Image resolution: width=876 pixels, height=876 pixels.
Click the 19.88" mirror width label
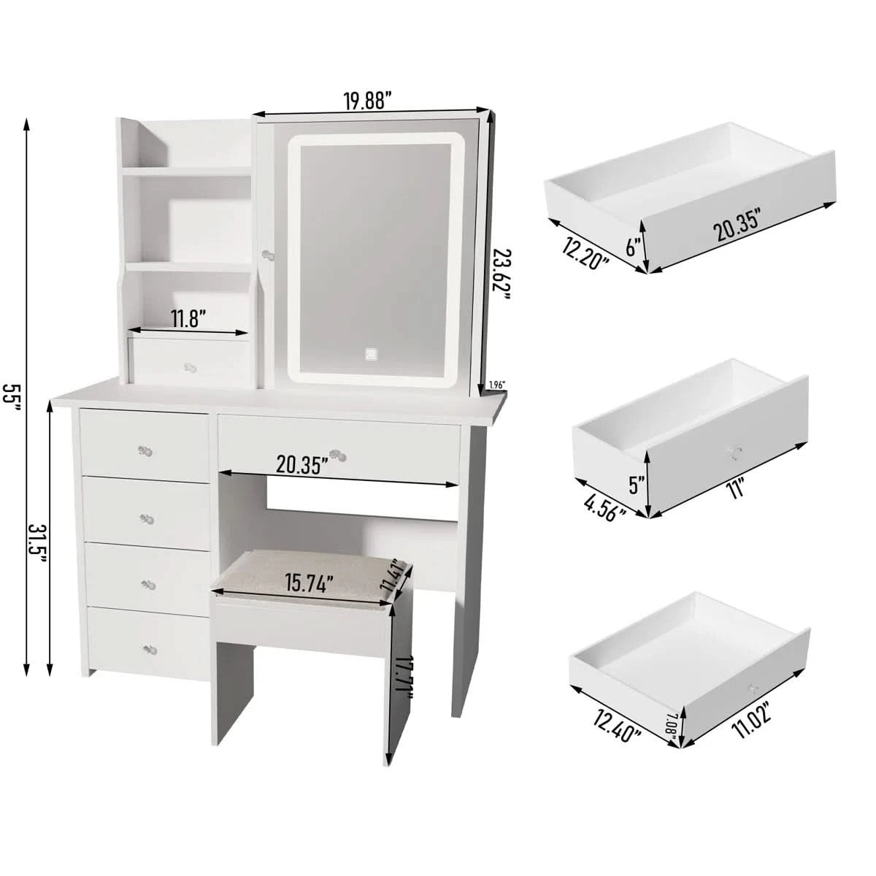click(368, 101)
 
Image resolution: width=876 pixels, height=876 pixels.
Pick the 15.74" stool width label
click(309, 583)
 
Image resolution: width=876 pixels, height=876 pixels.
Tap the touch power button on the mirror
click(371, 353)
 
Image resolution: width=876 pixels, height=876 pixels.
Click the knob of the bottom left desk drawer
click(150, 650)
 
